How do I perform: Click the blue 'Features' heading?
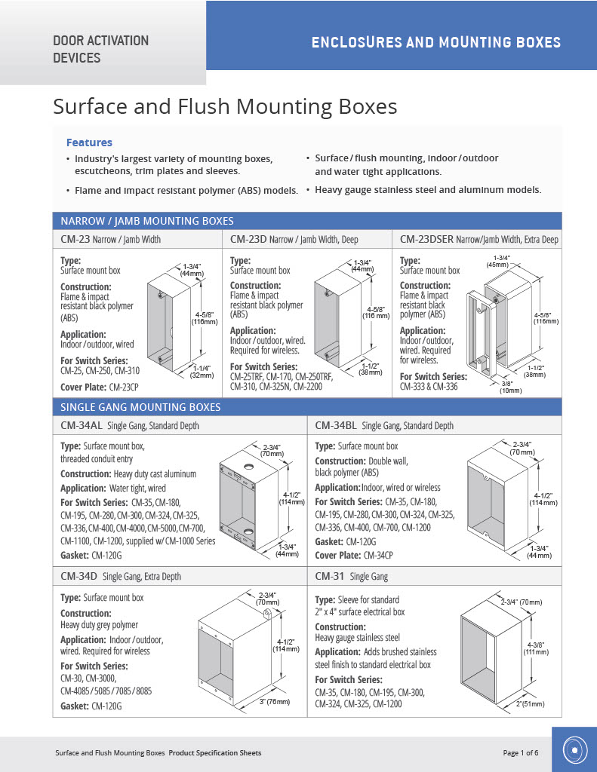point(89,142)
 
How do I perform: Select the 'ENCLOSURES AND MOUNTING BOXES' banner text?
point(436,42)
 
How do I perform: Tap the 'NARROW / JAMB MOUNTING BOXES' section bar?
point(147,221)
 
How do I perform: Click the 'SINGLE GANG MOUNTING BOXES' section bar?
point(140,407)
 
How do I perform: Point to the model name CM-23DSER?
point(426,240)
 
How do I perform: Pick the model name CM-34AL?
point(82,426)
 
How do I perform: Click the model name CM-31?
point(330,577)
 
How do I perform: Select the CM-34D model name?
point(79,577)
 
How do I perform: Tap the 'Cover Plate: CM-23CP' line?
point(102,388)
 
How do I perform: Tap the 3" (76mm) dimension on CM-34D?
point(275,703)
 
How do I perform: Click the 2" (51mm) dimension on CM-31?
point(530,703)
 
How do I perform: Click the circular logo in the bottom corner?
point(574,750)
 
